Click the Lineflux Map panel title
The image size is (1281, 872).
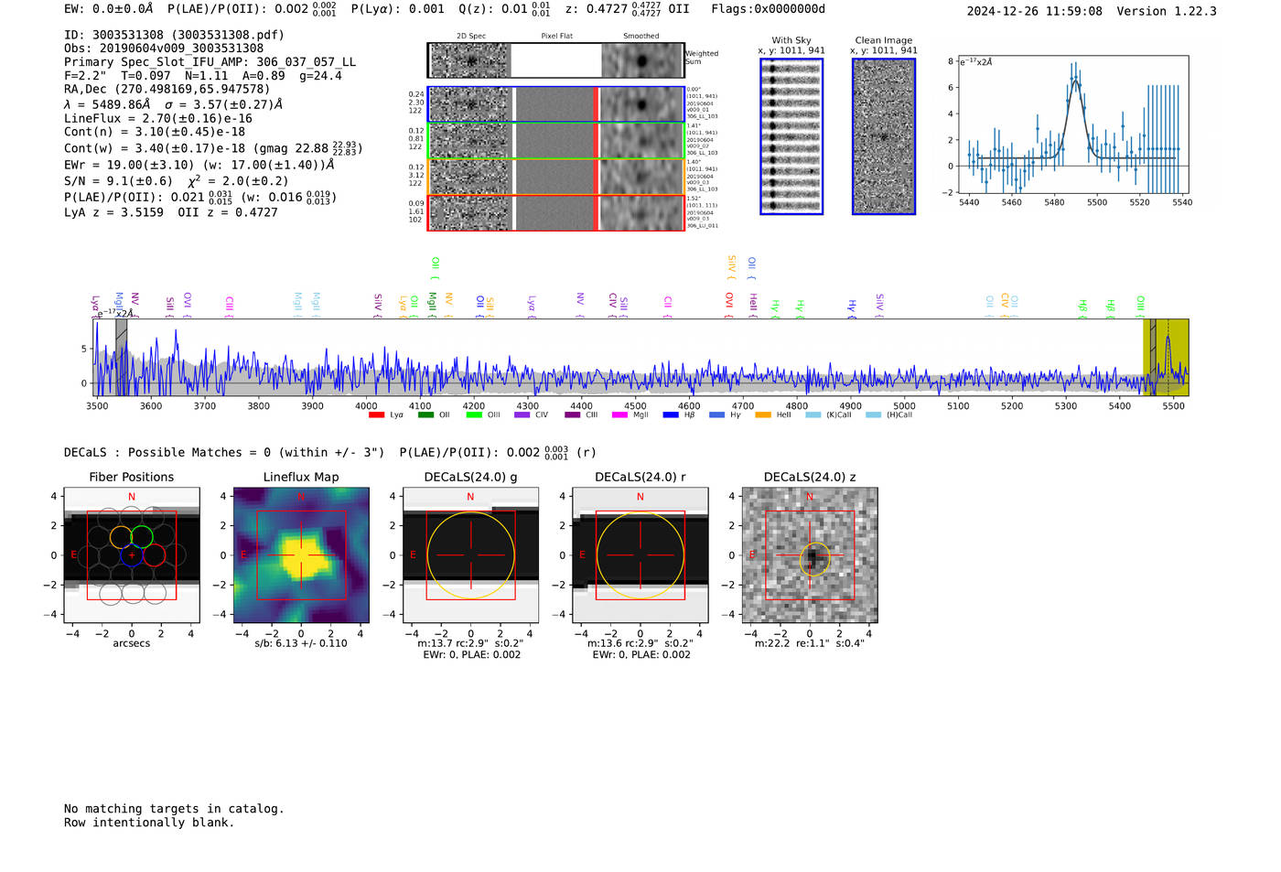click(300, 477)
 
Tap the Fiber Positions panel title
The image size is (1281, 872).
click(131, 477)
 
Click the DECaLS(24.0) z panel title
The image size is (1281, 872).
click(809, 477)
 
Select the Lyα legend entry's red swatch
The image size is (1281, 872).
click(376, 415)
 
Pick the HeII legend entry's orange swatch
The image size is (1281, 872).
click(762, 415)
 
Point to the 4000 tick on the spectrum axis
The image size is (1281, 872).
click(366, 405)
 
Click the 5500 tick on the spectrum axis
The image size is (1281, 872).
click(1173, 405)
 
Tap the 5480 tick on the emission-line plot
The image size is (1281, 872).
click(1054, 202)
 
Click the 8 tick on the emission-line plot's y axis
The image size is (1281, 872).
click(951, 61)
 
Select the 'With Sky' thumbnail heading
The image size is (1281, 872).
click(791, 40)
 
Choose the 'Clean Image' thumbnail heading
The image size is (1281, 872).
click(883, 40)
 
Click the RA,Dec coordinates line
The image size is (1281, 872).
click(167, 90)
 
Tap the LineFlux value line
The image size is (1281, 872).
click(157, 118)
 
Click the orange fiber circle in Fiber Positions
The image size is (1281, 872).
click(121, 537)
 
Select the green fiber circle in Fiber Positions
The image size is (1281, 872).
click(142, 537)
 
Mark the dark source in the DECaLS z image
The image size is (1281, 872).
click(812, 555)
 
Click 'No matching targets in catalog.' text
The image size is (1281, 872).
click(174, 809)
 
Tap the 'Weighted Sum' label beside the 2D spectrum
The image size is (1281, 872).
click(701, 58)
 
